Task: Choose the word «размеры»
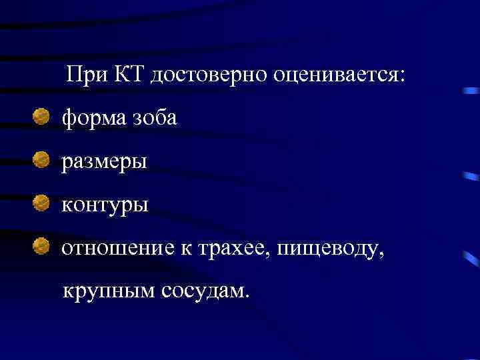(x=105, y=163)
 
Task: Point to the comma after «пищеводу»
(x=382, y=255)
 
